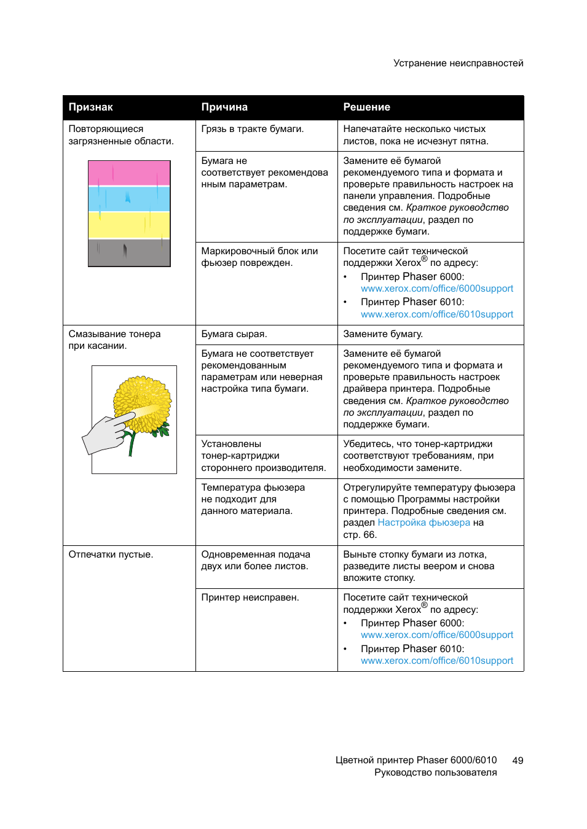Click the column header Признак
pyautogui.click(x=91, y=107)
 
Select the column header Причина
pyautogui.click(x=224, y=107)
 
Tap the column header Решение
pyautogui.click(x=366, y=107)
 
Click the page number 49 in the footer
pyautogui.click(x=518, y=760)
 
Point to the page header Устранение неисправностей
pyautogui.click(x=459, y=63)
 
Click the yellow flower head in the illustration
pyautogui.click(x=143, y=402)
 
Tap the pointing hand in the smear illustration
pyautogui.click(x=106, y=434)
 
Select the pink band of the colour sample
pyautogui.click(x=129, y=173)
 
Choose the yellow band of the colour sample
pyautogui.click(x=129, y=225)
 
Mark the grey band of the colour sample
pyautogui.click(x=129, y=252)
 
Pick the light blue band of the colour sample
pyautogui.click(x=129, y=199)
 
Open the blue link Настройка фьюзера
pyautogui.click(x=424, y=523)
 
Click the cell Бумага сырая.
pyautogui.click(x=234, y=334)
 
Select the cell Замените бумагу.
pyautogui.click(x=383, y=334)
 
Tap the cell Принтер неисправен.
pyautogui.click(x=250, y=597)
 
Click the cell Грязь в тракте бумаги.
pyautogui.click(x=253, y=129)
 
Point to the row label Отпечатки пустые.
pyautogui.click(x=111, y=555)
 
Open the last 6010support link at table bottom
pyautogui.click(x=437, y=661)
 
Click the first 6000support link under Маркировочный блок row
pyautogui.click(x=437, y=289)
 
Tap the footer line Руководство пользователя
pyautogui.click(x=435, y=773)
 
